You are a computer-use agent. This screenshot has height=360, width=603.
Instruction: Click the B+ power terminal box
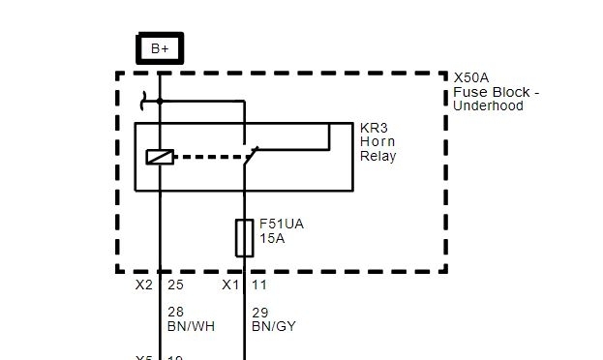(159, 48)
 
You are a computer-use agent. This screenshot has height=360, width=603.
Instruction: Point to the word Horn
(377, 141)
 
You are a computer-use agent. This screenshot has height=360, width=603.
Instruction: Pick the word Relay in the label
(378, 155)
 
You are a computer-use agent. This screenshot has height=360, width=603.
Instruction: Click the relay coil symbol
(159, 157)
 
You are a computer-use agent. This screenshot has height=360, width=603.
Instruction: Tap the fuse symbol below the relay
(245, 238)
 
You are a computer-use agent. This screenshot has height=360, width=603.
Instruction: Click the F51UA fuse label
(282, 223)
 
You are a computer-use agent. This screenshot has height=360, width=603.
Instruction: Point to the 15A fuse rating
(273, 237)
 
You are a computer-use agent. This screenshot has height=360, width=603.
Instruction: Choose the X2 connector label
(144, 285)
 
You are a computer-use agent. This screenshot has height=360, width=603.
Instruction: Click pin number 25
(175, 285)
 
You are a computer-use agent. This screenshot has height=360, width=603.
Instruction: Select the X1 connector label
(230, 285)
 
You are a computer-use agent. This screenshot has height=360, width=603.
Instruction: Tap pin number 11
(259, 285)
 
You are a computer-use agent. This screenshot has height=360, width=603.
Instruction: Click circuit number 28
(176, 313)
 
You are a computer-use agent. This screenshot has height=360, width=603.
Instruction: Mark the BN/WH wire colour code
(192, 327)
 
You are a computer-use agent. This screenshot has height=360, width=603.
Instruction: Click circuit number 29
(259, 313)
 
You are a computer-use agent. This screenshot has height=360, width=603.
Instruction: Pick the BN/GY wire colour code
(274, 327)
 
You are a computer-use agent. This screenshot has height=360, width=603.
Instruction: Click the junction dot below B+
(160, 101)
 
